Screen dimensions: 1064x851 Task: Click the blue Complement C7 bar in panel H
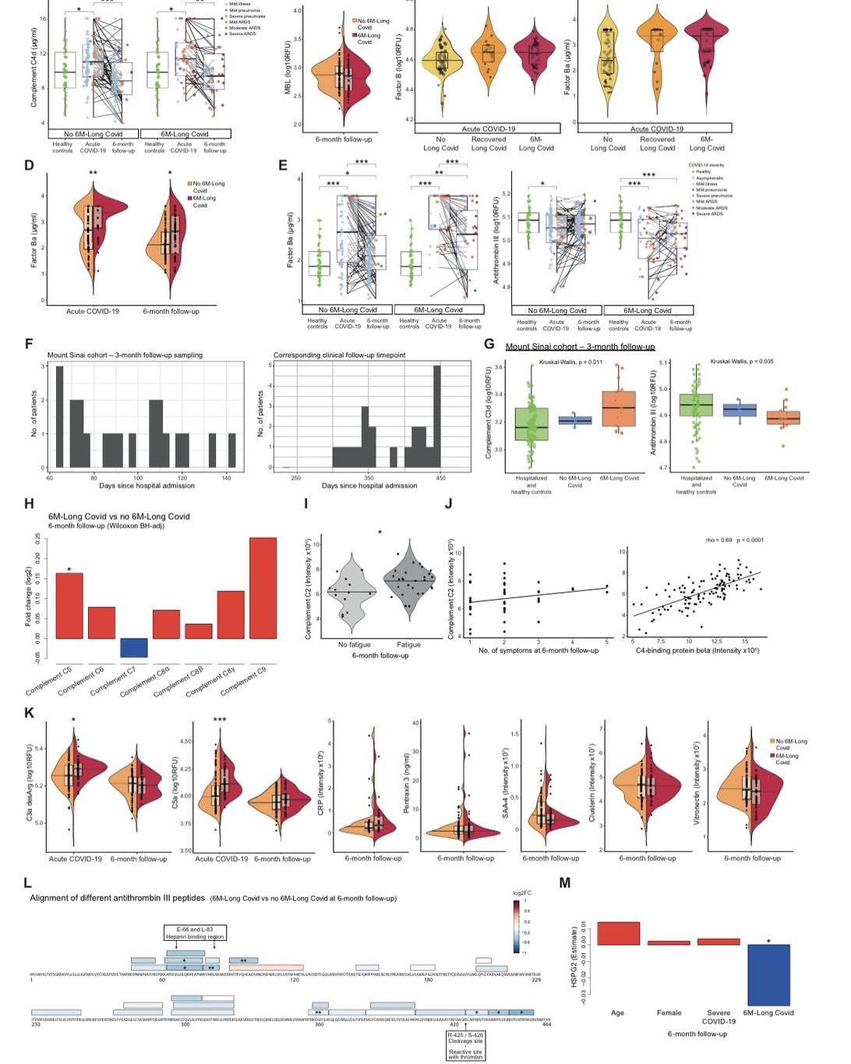point(133,647)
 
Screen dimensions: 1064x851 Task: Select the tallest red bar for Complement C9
point(263,588)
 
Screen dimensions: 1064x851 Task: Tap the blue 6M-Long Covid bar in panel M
point(768,974)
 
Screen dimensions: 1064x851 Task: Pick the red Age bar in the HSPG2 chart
point(618,933)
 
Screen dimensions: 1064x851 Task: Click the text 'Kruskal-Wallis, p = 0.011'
point(570,361)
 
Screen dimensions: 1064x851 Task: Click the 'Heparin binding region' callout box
point(194,932)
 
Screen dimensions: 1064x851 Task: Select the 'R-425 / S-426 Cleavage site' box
point(466,1038)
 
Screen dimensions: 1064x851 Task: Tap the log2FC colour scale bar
point(516,927)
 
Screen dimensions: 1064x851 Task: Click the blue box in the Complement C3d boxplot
point(575,421)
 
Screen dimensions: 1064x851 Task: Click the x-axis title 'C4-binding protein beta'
point(697,650)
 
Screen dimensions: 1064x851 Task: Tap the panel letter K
point(29,713)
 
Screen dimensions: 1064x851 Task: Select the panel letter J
point(448,503)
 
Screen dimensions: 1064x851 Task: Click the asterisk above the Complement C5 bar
point(69,570)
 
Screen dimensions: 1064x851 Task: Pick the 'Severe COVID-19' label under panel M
point(718,1016)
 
